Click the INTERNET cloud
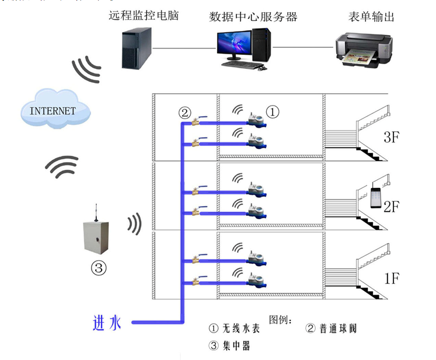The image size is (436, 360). click(54, 109)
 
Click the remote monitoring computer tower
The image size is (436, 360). click(137, 48)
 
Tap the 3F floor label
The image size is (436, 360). click(392, 138)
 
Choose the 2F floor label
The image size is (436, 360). click(392, 206)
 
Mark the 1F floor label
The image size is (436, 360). click(392, 278)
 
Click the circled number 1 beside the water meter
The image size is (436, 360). click(273, 111)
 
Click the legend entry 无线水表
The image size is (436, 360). click(234, 328)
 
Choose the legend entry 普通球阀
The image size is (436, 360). click(330, 328)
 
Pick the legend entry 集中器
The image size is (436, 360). click(230, 345)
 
